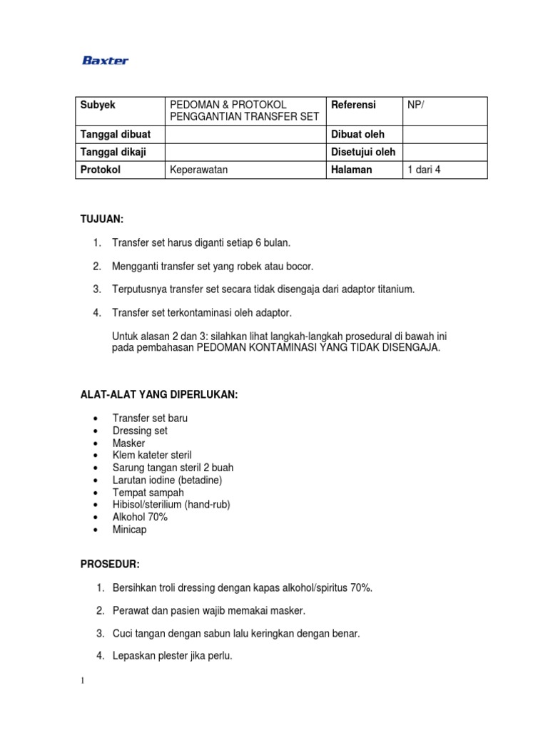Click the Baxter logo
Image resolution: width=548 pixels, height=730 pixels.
pyautogui.click(x=106, y=61)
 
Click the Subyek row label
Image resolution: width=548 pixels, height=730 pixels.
pyautogui.click(x=98, y=105)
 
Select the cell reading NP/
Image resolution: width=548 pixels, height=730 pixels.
pyautogui.click(x=415, y=105)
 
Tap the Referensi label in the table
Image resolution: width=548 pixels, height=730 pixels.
pyautogui.click(x=353, y=105)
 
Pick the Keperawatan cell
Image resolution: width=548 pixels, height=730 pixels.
pyautogui.click(x=199, y=170)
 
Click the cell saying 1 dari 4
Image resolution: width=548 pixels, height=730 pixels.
pyautogui.click(x=424, y=170)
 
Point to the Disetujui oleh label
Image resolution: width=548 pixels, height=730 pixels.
pyautogui.click(x=363, y=152)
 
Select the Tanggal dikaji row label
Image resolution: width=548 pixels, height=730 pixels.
pyautogui.click(x=113, y=152)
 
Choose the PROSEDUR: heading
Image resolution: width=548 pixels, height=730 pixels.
pyautogui.click(x=110, y=564)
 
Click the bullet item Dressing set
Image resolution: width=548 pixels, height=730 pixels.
pyautogui.click(x=140, y=431)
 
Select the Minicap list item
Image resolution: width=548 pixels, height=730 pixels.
pyautogui.click(x=130, y=530)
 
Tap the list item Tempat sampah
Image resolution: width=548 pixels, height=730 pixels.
pyautogui.click(x=148, y=493)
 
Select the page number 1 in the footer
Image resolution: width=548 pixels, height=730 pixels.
pyautogui.click(x=83, y=680)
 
